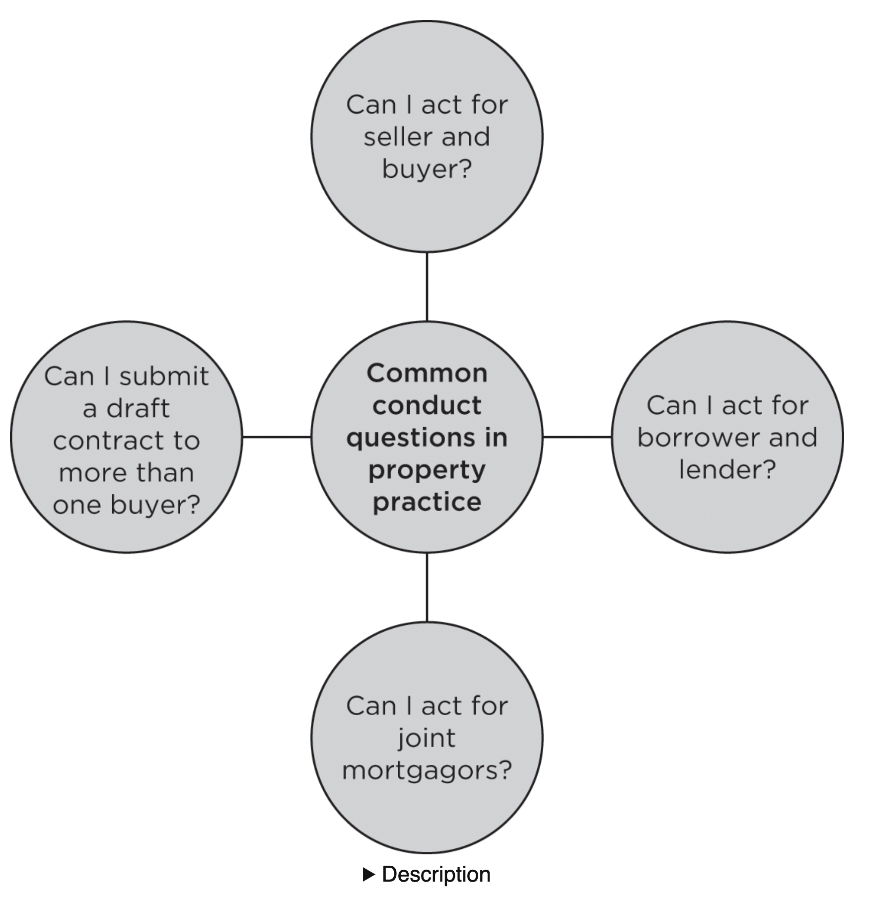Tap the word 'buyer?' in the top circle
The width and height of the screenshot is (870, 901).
click(x=427, y=169)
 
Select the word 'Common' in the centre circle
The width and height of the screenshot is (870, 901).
click(x=427, y=374)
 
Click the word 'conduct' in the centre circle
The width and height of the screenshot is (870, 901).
click(x=427, y=406)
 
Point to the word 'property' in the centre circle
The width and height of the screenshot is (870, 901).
click(x=427, y=471)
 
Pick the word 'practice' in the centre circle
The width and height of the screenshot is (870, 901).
click(x=427, y=502)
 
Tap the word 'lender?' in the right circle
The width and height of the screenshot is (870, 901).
click(x=727, y=470)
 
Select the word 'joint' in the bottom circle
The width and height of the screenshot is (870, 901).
click(x=427, y=739)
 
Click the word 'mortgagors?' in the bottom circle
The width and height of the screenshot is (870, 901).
click(x=427, y=771)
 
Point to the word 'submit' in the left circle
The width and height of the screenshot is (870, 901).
click(x=164, y=376)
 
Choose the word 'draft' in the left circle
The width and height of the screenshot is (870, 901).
click(x=138, y=409)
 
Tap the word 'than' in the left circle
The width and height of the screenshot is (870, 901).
click(x=165, y=473)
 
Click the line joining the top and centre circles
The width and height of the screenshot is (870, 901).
click(x=427, y=287)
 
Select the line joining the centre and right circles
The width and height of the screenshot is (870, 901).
click(x=577, y=437)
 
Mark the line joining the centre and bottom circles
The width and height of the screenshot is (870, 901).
click(x=427, y=587)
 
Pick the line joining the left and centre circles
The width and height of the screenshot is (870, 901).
click(x=277, y=437)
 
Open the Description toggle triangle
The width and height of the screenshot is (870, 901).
click(x=368, y=875)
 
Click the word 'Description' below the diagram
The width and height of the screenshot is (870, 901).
click(x=436, y=875)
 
